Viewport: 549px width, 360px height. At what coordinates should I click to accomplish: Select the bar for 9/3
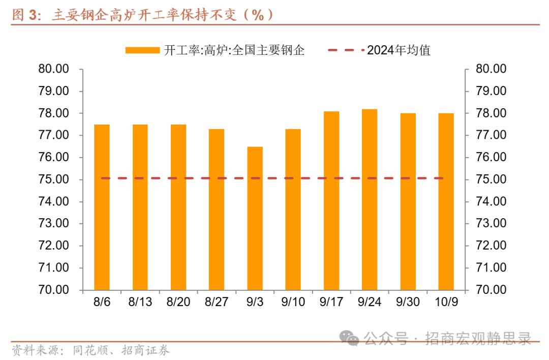255,219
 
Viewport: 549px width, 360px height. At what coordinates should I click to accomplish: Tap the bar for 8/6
102,207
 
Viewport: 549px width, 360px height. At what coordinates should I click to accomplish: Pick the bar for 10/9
446,202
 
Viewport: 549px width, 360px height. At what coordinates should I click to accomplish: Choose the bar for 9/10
293,209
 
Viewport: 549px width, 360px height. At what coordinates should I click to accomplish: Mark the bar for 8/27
217,209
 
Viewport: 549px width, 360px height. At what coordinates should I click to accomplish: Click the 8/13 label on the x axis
140,302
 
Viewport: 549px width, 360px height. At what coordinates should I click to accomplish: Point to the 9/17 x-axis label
331,302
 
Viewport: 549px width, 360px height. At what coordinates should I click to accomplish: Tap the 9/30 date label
408,302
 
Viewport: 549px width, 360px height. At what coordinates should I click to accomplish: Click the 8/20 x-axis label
178,302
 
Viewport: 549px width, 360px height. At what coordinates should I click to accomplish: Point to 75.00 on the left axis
53,179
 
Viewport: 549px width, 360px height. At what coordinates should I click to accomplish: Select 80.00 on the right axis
491,69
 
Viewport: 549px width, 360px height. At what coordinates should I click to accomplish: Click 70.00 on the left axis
53,290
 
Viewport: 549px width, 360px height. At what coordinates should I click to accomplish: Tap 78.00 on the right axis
491,113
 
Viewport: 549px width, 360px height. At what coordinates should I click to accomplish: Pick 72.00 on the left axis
53,246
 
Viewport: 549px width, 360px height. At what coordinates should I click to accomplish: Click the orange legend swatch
142,50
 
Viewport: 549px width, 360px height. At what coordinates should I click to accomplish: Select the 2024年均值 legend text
399,50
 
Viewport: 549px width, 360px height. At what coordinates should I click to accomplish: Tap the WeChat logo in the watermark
350,338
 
